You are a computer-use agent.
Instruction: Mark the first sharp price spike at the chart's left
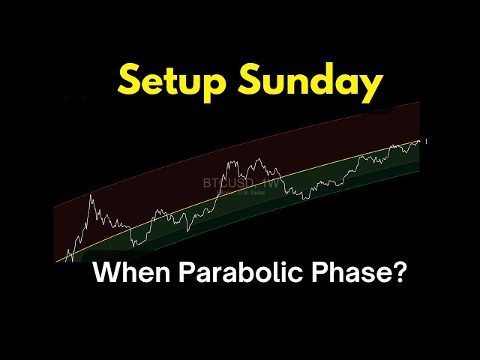pos(91,196)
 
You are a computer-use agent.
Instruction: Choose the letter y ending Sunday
pos(369,88)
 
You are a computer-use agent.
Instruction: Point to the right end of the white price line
pos(420,141)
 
